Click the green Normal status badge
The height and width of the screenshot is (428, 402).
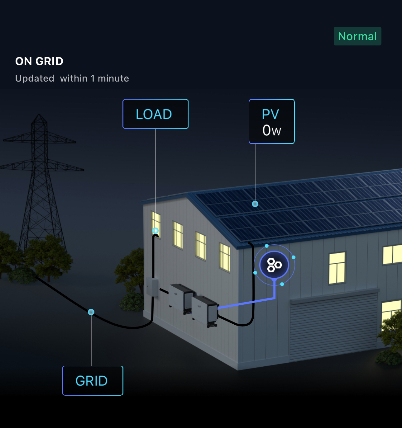pyautogui.click(x=357, y=36)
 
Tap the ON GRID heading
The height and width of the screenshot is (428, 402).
pyautogui.click(x=39, y=61)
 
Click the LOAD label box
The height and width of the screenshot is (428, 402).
pyautogui.click(x=156, y=114)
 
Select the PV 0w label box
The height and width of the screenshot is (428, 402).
pyautogui.click(x=271, y=121)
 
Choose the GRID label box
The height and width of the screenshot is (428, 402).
pyautogui.click(x=93, y=381)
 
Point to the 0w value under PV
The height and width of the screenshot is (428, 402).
pyautogui.click(x=271, y=130)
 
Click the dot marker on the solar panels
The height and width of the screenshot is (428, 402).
pyautogui.click(x=255, y=204)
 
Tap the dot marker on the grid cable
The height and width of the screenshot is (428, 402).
pyautogui.click(x=91, y=312)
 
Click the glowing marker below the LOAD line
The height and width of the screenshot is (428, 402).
pyautogui.click(x=155, y=231)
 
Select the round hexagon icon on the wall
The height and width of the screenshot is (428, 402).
pyautogui.click(x=274, y=265)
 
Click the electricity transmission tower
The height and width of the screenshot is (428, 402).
pyautogui.click(x=40, y=174)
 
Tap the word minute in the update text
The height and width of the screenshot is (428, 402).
pyautogui.click(x=113, y=78)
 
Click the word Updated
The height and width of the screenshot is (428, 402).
pyautogui.click(x=35, y=78)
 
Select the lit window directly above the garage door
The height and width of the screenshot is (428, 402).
pyautogui.click(x=337, y=268)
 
